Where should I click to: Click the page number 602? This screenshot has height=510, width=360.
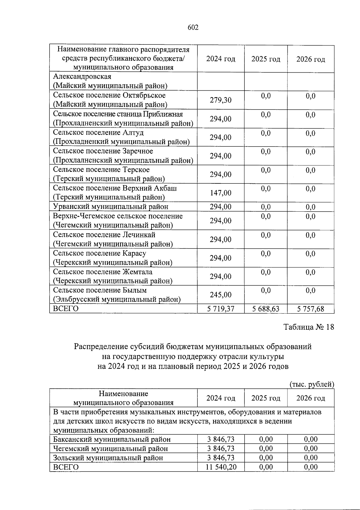[193, 28]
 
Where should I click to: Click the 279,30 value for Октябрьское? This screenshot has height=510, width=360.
[220, 100]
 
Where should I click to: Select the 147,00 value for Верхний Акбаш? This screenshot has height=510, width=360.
[220, 193]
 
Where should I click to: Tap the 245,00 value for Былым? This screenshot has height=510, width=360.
[220, 295]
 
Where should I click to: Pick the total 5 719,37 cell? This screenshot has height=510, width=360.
[220, 309]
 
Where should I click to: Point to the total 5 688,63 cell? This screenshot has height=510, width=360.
[265, 309]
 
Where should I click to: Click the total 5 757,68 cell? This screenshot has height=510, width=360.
[310, 309]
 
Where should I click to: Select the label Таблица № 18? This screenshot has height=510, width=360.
[309, 327]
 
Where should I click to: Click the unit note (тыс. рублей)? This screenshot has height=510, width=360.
[312, 384]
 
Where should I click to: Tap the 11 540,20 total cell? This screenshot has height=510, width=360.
[220, 467]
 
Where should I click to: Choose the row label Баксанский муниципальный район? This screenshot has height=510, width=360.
[112, 439]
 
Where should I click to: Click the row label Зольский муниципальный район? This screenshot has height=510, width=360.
[108, 458]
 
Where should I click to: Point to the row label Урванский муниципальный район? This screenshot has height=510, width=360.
[110, 207]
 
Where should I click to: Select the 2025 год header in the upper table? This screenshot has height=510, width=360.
[265, 59]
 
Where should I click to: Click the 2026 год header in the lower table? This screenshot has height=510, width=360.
[310, 398]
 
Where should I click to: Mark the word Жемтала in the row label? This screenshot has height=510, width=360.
[137, 272]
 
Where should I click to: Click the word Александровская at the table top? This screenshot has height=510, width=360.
[82, 77]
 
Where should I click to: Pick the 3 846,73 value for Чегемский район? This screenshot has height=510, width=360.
[220, 448]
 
